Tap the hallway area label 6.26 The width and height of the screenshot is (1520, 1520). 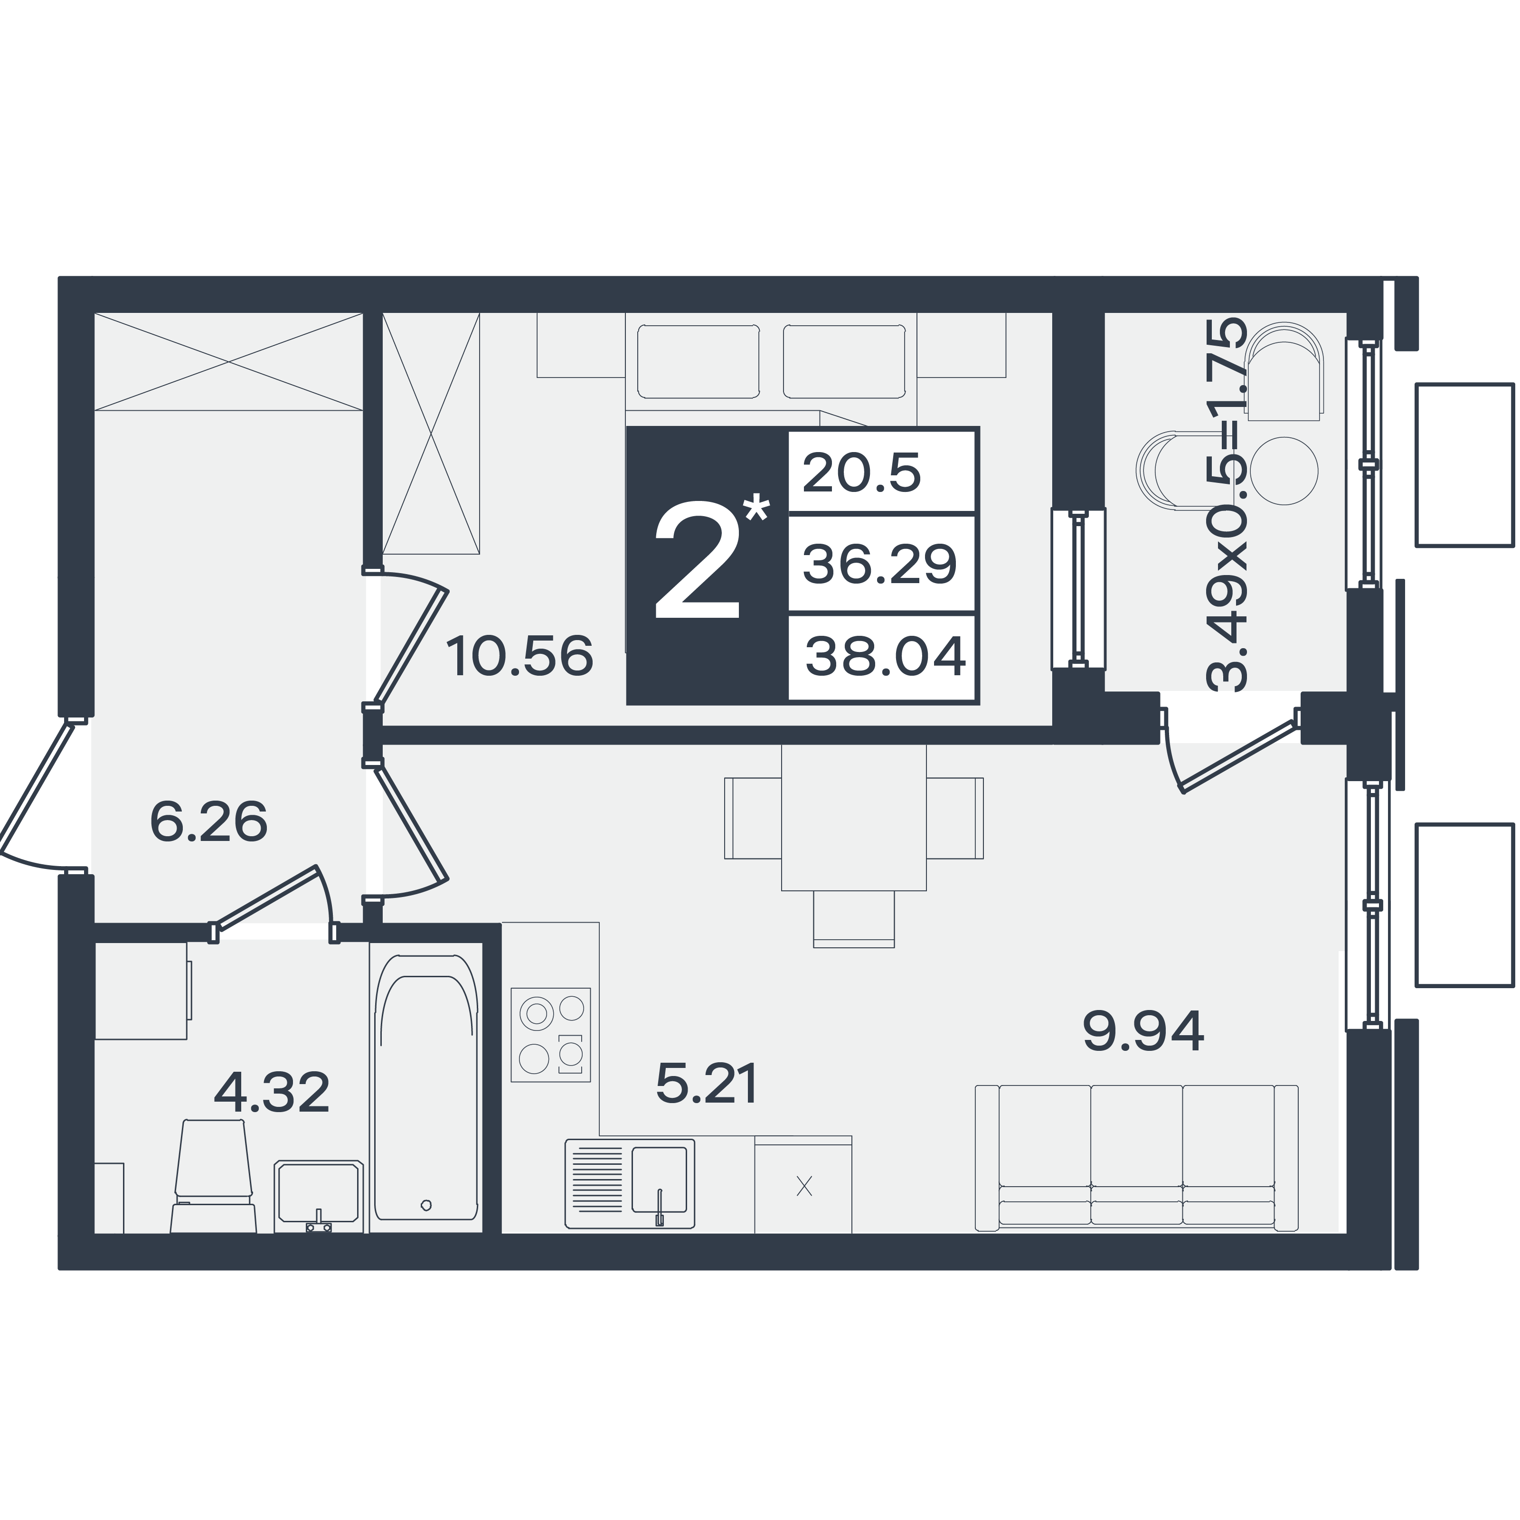click(x=208, y=822)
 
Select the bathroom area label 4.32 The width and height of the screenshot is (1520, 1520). click(x=272, y=1093)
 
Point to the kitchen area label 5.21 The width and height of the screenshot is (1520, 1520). click(x=707, y=1083)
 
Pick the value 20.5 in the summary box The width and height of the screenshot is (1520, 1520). click(x=861, y=473)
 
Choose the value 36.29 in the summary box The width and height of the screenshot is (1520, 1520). click(x=879, y=564)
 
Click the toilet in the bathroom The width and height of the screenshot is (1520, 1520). click(x=214, y=1175)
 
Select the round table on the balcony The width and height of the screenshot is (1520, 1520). click(x=1284, y=471)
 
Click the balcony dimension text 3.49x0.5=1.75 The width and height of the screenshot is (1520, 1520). click(x=1227, y=503)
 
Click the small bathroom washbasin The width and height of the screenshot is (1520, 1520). click(x=319, y=1195)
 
